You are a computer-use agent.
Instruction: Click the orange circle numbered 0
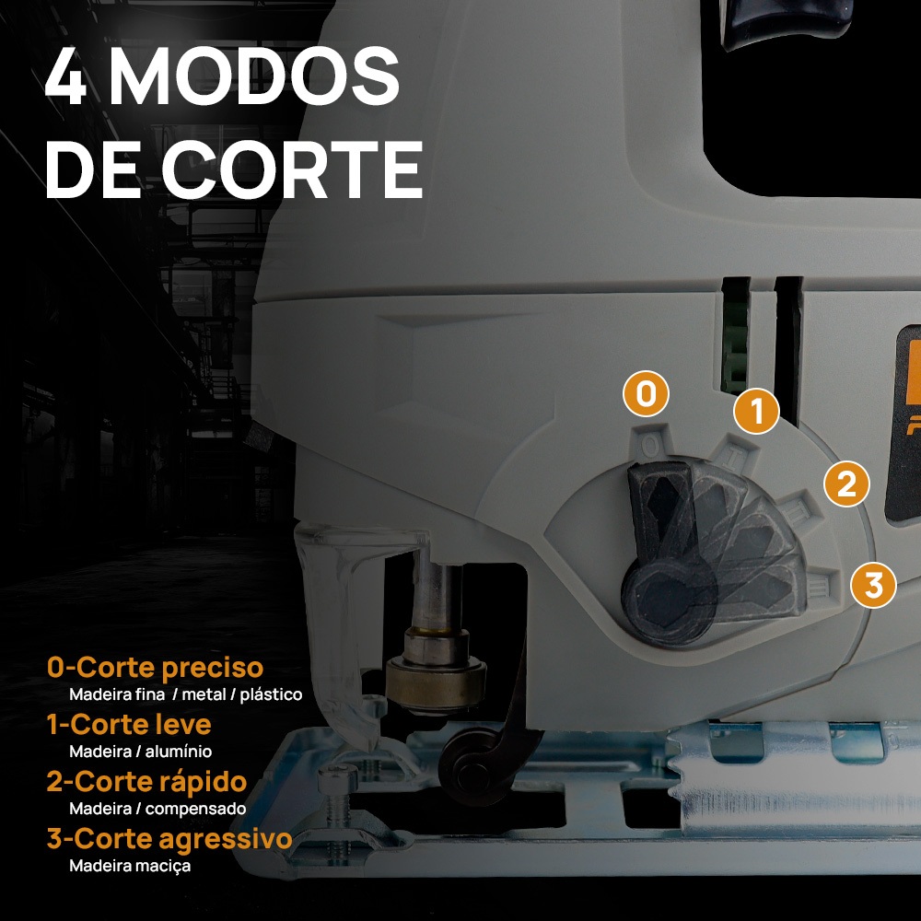647,393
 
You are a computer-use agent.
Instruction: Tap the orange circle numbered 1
756,411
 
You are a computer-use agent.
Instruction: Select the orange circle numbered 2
846,484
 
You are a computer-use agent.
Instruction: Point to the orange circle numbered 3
873,585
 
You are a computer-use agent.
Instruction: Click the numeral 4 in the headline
66,77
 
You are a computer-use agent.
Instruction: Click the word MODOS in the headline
255,77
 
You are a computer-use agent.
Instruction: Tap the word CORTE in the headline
292,169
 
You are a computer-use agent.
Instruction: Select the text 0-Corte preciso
155,667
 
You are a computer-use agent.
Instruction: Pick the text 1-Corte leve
129,724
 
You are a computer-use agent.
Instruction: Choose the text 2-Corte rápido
146,782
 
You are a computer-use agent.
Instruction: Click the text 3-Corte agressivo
169,839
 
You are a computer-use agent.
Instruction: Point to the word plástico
272,694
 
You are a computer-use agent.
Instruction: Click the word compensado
195,809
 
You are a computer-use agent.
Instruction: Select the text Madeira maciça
130,866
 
